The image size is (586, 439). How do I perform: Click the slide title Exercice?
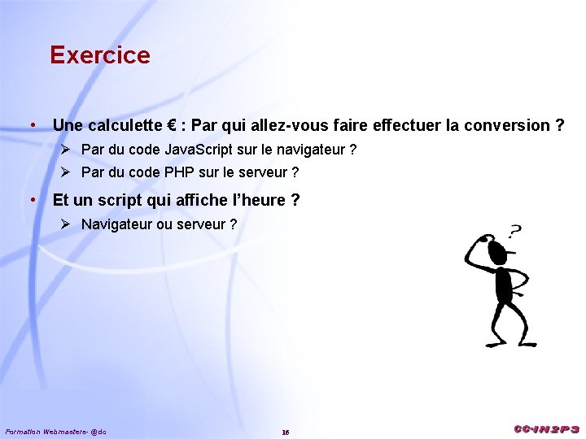coord(99,55)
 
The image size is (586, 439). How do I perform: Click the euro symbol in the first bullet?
coord(173,125)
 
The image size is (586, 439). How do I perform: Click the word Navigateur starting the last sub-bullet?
coord(117,224)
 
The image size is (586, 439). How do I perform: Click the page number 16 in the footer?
coord(286,432)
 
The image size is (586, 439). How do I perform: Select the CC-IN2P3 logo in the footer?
coord(546,428)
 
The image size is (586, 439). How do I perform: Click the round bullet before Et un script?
coord(31,200)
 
